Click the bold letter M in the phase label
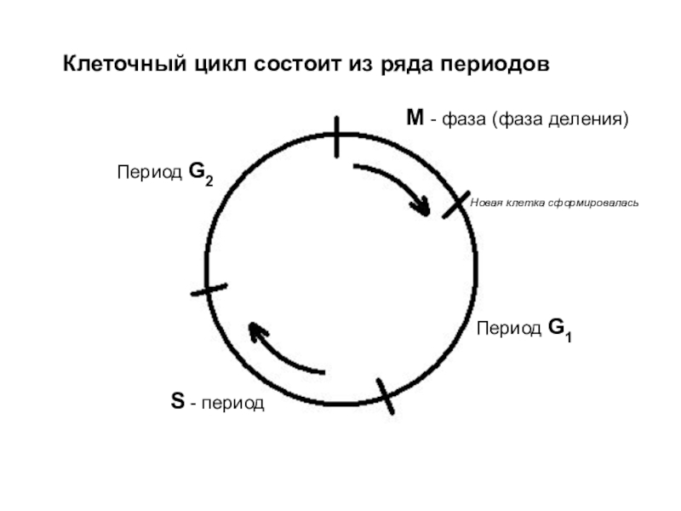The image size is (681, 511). (415, 118)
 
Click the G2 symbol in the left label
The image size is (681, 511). (201, 173)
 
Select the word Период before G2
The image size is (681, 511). (149, 173)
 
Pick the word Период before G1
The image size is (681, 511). (509, 329)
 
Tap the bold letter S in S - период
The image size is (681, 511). (177, 400)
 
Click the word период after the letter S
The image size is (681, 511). (233, 402)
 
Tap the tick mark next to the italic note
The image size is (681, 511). (456, 204)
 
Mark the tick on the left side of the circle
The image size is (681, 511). (209, 290)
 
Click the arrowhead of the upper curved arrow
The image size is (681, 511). (421, 207)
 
